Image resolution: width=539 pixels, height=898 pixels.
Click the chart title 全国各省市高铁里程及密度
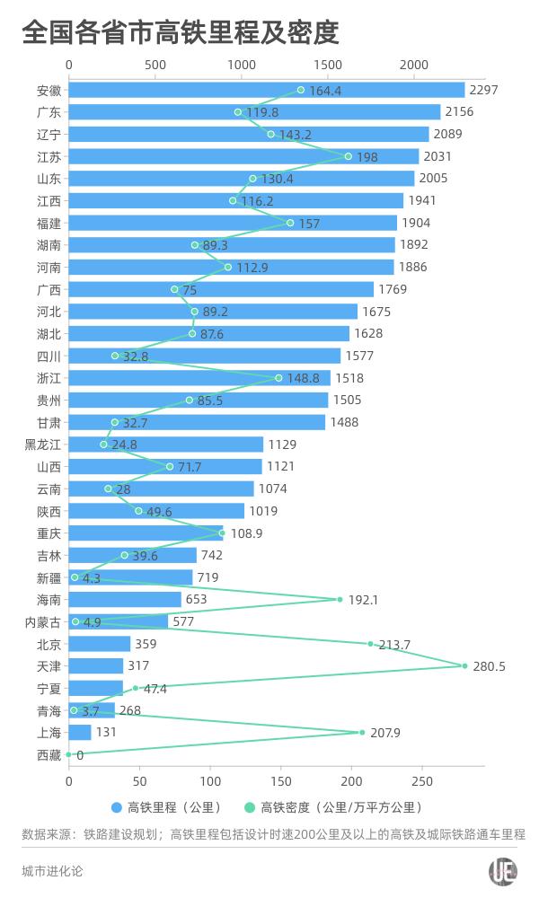[180, 33]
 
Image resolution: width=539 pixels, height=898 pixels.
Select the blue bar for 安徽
[266, 90]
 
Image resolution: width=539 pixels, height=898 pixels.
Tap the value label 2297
[484, 90]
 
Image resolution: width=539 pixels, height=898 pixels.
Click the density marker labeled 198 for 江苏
[349, 156]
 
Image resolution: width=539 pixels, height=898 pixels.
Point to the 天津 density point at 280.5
[464, 665]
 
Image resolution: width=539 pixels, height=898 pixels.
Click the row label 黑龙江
[43, 445]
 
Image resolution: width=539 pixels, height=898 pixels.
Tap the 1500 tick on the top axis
[328, 65]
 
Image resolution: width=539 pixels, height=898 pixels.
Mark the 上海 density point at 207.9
[362, 732]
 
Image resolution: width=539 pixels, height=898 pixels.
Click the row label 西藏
[49, 754]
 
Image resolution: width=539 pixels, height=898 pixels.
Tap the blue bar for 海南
[125, 599]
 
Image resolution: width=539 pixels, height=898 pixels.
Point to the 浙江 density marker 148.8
[278, 378]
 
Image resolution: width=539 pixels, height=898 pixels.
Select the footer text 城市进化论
[52, 871]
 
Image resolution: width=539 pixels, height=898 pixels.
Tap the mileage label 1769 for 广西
[393, 289]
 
